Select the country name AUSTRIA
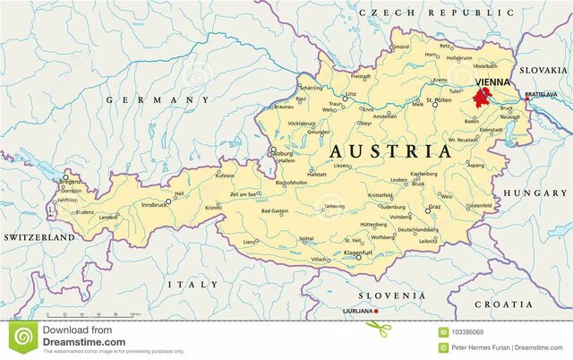tap(391, 150)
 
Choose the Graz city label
tap(434, 207)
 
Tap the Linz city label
tap(351, 93)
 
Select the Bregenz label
tap(70, 181)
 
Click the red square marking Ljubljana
tap(377, 311)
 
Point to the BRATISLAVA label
tap(541, 94)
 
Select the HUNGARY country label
tap(535, 193)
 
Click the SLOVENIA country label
tap(392, 295)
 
